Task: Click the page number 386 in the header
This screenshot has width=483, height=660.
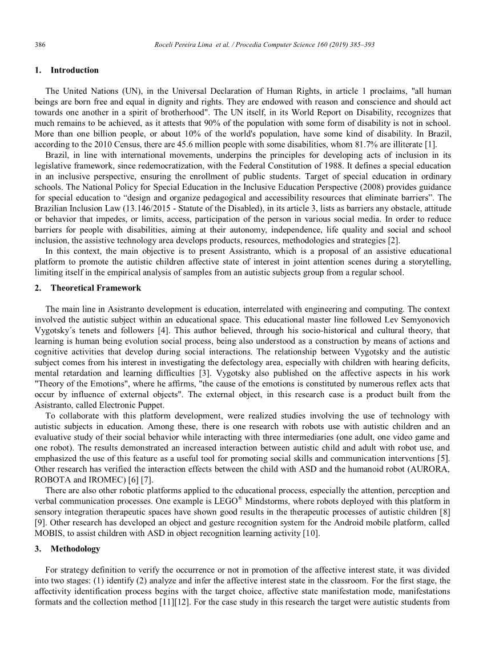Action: point(40,45)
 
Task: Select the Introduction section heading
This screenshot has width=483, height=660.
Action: point(74,70)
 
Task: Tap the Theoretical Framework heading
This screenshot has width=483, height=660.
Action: point(96,287)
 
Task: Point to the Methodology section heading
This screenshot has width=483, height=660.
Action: point(75,549)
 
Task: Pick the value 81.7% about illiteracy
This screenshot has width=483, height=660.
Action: point(366,144)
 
